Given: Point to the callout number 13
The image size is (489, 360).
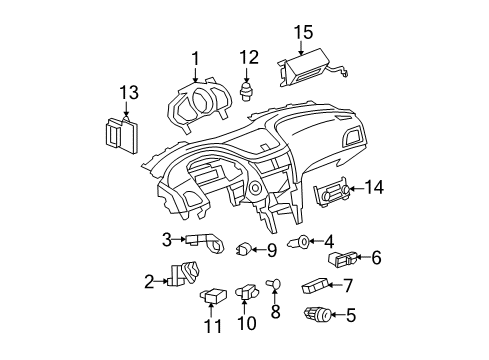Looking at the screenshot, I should point(126,95).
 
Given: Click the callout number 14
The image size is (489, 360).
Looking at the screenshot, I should point(374,185).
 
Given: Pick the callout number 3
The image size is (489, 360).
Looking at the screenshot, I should point(166,238).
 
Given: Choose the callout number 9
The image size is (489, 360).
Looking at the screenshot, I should point(271,249).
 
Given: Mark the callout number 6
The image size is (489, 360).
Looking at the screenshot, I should point(376,257).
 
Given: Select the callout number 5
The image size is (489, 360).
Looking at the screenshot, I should point(350,316).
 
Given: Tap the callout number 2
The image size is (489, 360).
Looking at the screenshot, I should point(148,282).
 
